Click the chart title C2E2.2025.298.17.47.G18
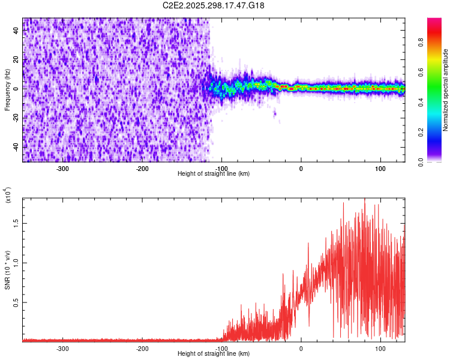point(214,5)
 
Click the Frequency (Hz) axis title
point(7,89)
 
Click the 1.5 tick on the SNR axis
point(17,223)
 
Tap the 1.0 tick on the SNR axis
point(17,262)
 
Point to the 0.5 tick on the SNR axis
point(17,302)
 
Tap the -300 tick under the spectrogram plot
point(63,168)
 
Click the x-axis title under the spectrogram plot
point(214,173)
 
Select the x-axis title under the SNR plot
point(214,353)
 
